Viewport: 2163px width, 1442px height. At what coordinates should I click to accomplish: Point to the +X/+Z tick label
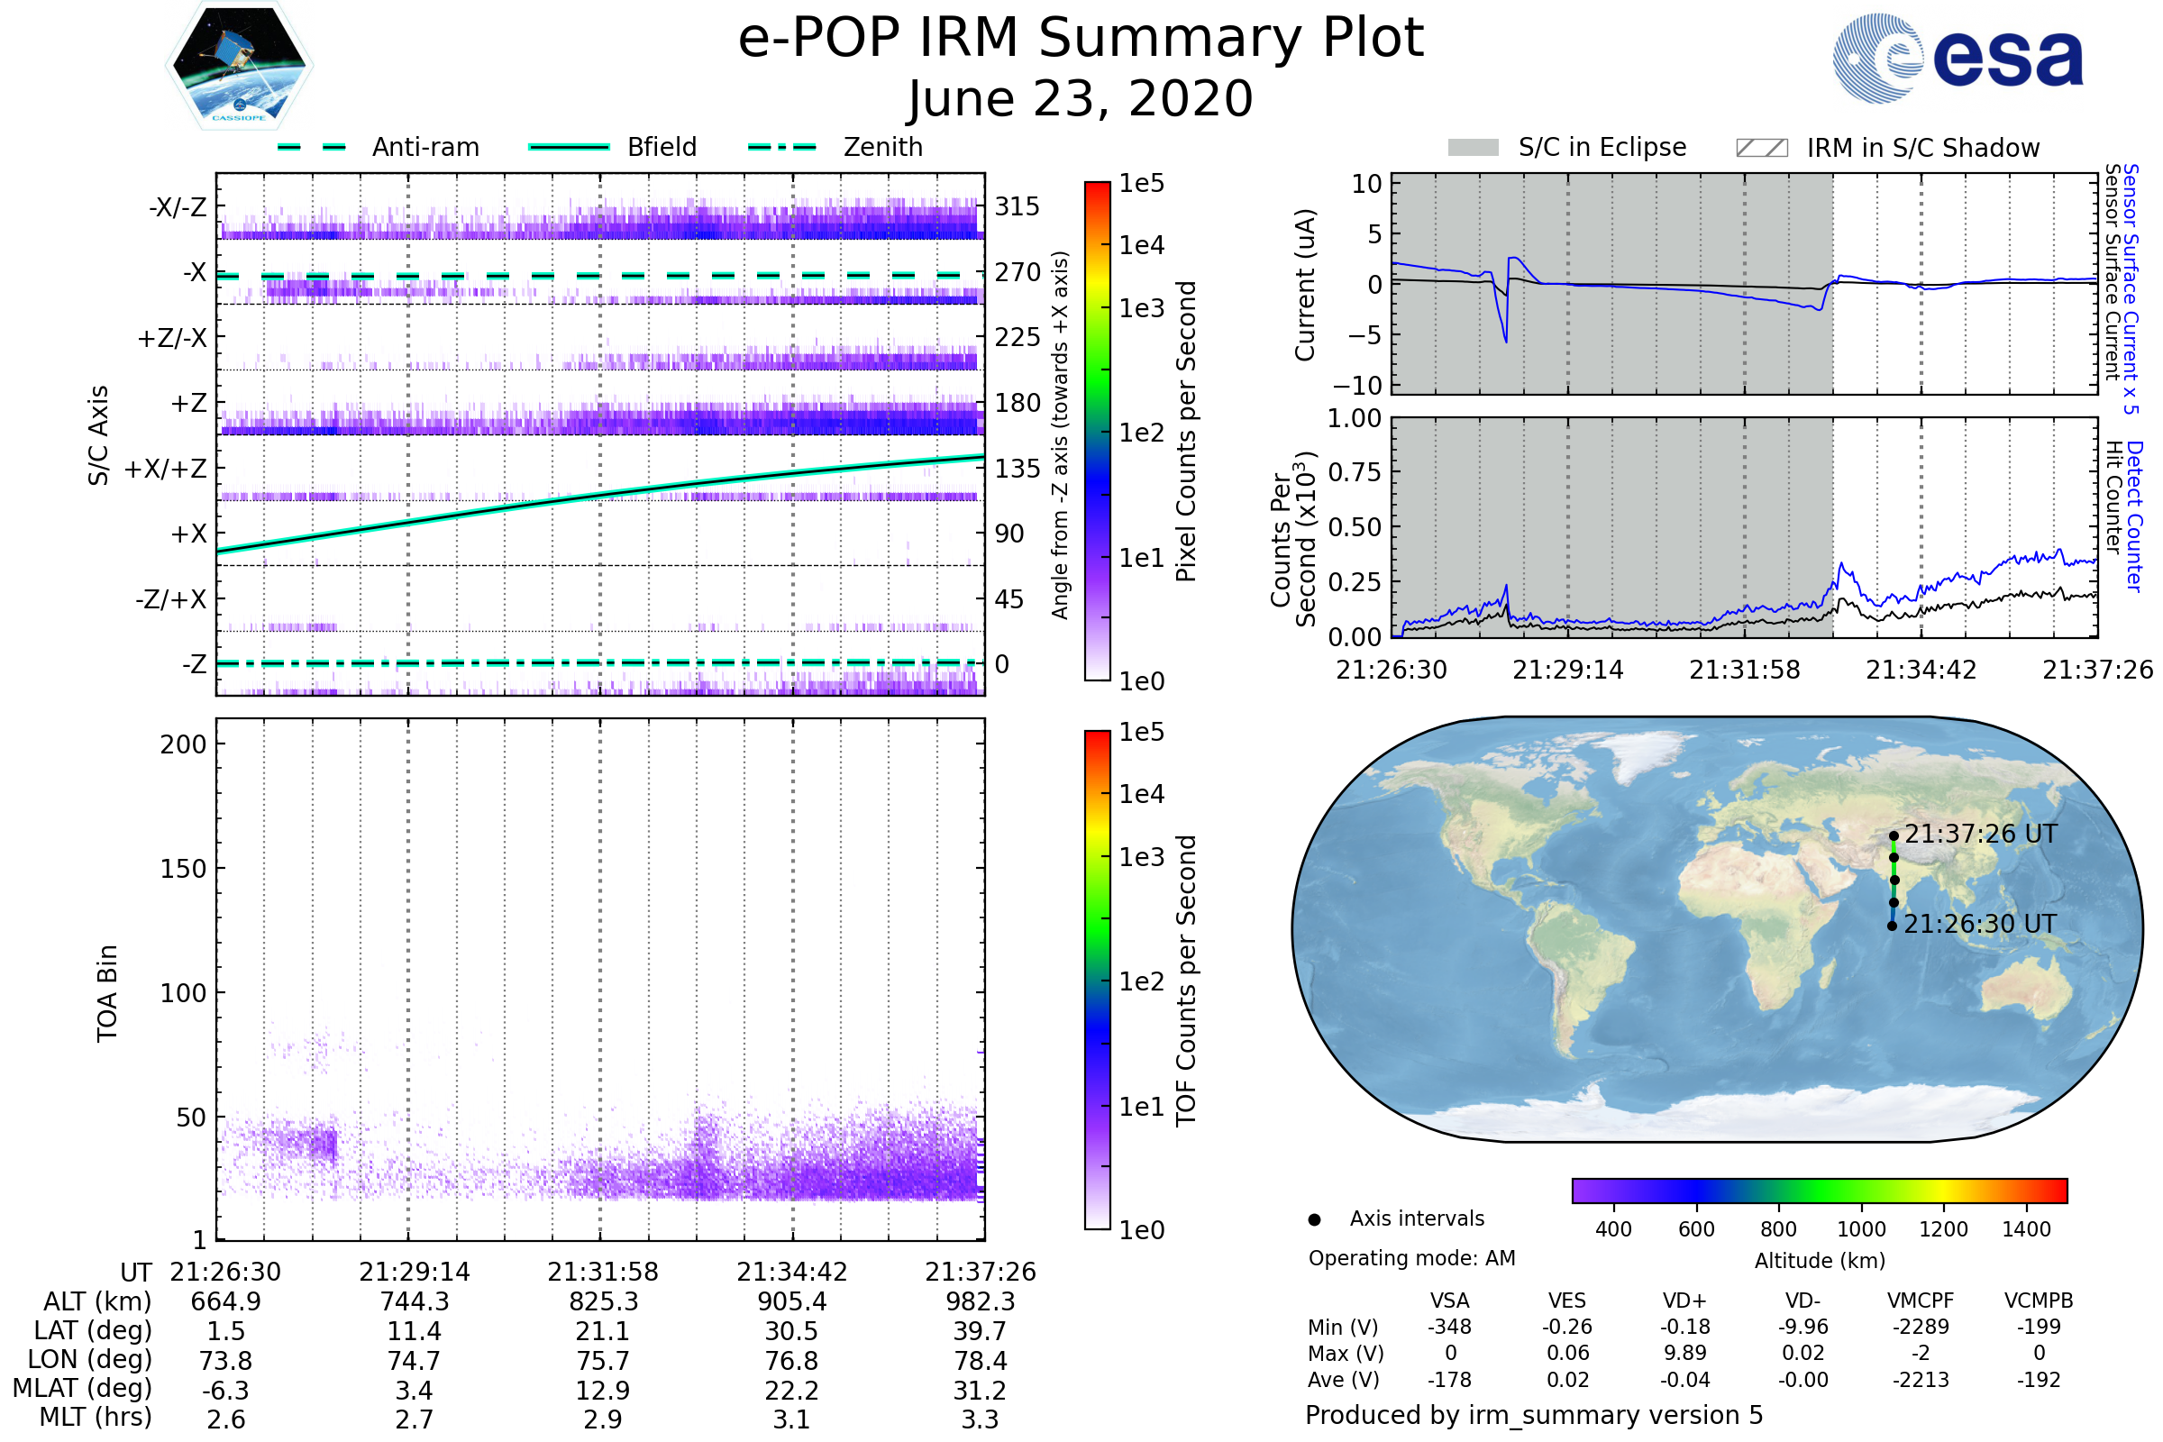(x=166, y=469)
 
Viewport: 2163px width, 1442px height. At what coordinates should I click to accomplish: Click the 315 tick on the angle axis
(x=1017, y=206)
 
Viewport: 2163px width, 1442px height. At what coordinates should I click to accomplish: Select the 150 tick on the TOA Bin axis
(x=183, y=869)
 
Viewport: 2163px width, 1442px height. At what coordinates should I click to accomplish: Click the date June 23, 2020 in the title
(x=1081, y=99)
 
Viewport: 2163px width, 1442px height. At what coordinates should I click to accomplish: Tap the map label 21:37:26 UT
(x=1980, y=835)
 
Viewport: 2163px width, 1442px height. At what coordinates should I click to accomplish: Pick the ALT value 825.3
(x=602, y=1302)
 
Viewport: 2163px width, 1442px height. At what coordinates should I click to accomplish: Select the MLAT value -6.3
(x=225, y=1391)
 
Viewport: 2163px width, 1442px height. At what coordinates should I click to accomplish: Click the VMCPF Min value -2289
(x=1921, y=1327)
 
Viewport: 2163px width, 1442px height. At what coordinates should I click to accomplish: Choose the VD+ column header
(x=1684, y=1301)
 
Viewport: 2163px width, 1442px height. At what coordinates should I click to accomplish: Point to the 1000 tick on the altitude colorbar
(x=1860, y=1229)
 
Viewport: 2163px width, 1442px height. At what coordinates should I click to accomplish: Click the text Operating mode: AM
(x=1411, y=1258)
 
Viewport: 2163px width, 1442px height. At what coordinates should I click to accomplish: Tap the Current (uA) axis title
(x=1305, y=285)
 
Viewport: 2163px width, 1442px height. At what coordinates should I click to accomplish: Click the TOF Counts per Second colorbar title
(x=1186, y=981)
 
